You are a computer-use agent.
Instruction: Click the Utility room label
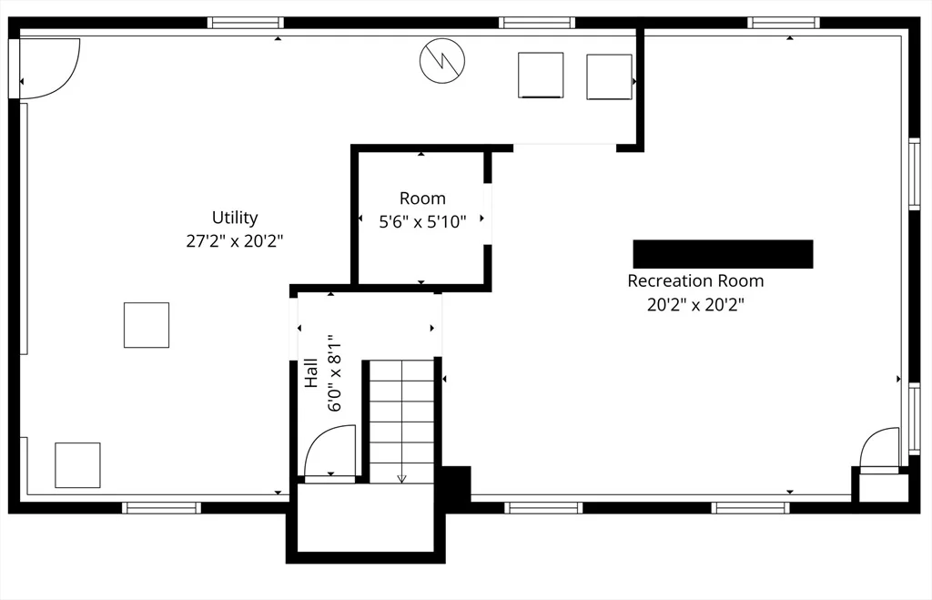235,218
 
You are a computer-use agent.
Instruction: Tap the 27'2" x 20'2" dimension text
235,241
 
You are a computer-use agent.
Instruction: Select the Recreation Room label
695,280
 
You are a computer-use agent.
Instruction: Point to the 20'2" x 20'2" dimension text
695,304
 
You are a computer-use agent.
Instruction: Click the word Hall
311,373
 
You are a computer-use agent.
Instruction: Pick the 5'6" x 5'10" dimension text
422,222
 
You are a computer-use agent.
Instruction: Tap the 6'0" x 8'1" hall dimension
335,374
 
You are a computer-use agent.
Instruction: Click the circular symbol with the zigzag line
442,61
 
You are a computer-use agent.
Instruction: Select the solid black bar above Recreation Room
723,254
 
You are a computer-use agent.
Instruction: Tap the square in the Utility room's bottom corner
78,465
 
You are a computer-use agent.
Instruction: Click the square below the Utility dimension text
147,325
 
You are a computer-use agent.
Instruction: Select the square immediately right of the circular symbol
541,75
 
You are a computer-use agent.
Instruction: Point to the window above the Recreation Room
784,23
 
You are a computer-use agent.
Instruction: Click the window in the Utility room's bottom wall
162,508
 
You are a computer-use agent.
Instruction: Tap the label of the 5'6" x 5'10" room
422,198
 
